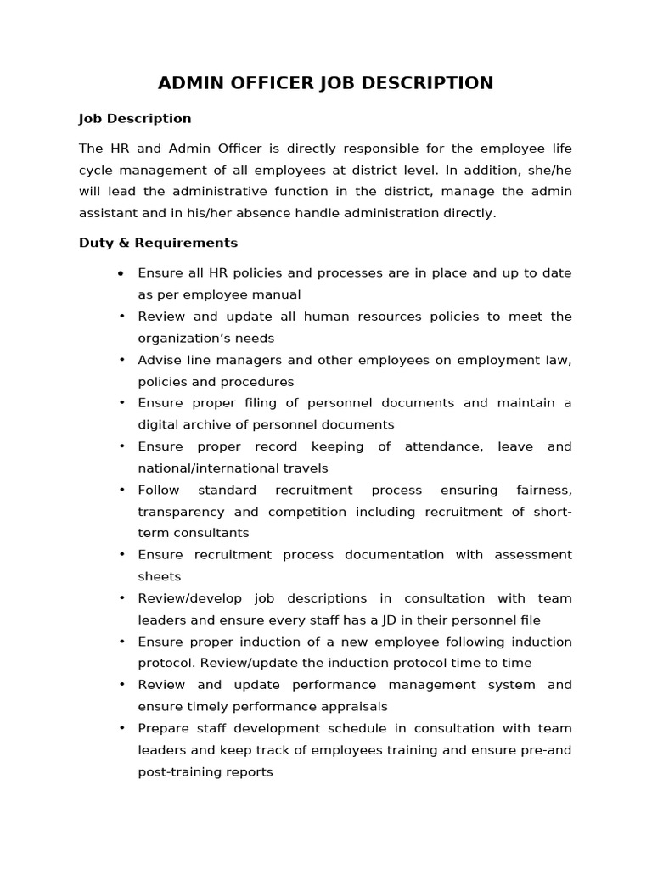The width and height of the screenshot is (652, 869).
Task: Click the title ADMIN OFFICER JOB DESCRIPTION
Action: pos(325,83)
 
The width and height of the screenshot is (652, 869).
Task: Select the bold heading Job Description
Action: pos(135,119)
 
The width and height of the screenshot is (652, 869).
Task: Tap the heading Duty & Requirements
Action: pos(158,243)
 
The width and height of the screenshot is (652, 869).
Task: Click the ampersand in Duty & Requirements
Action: pos(117,243)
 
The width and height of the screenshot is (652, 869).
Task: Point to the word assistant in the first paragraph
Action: pos(108,213)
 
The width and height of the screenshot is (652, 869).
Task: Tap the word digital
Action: pos(157,424)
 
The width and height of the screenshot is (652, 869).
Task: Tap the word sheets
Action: pos(160,576)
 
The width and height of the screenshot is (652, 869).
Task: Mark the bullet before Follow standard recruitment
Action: pos(121,490)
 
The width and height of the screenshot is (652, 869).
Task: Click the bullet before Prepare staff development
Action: pos(121,728)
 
